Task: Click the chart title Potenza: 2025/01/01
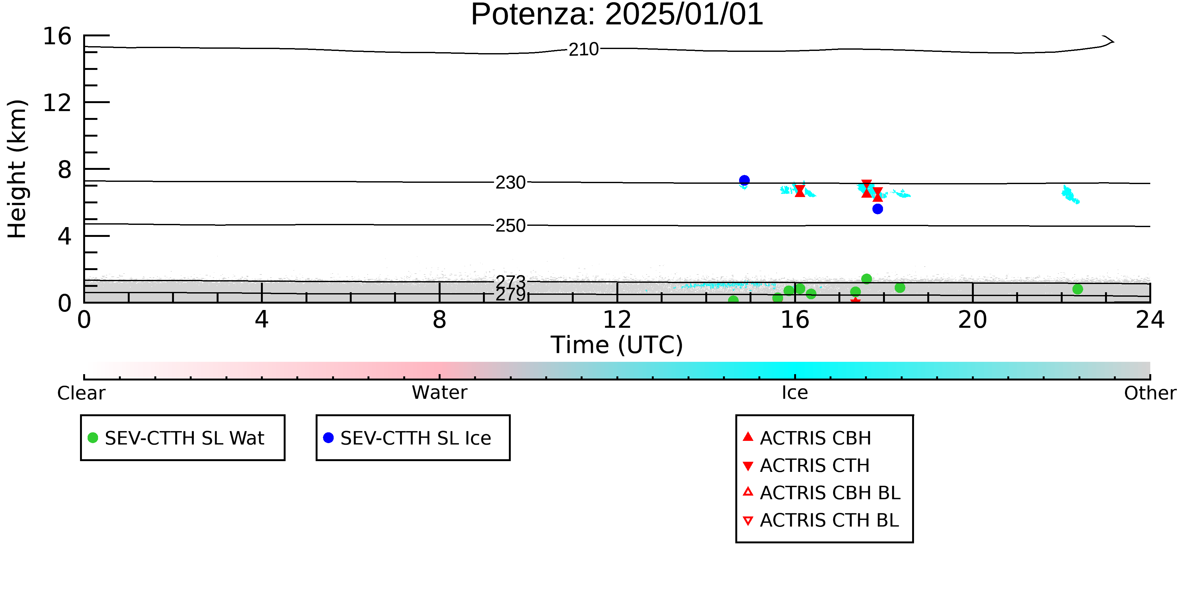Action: pos(617,15)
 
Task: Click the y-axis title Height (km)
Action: pos(17,169)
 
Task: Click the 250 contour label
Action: pos(510,225)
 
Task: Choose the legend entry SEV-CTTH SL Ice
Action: pos(407,438)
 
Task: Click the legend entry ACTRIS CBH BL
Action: pos(821,493)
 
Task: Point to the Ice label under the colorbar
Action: pos(795,393)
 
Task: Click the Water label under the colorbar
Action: pos(440,393)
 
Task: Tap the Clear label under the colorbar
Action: pos(81,393)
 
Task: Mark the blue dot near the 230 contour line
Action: pos(744,180)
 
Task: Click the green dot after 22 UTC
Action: pos(1077,289)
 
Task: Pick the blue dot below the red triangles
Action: pos(878,208)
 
